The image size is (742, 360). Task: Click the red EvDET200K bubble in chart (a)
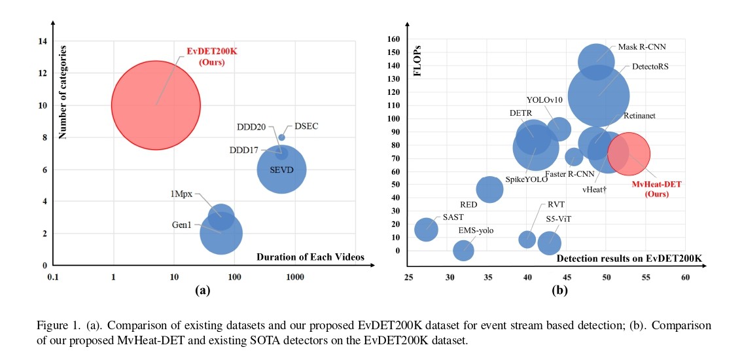point(156,105)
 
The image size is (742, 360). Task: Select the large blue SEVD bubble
point(281,169)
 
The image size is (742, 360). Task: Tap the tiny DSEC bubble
point(282,137)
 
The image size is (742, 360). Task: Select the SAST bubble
point(426,229)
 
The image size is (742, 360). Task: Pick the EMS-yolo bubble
point(463,250)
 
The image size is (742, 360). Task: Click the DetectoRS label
point(650,67)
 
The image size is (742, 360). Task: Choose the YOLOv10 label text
point(544,100)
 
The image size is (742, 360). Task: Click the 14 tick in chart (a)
point(43,42)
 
